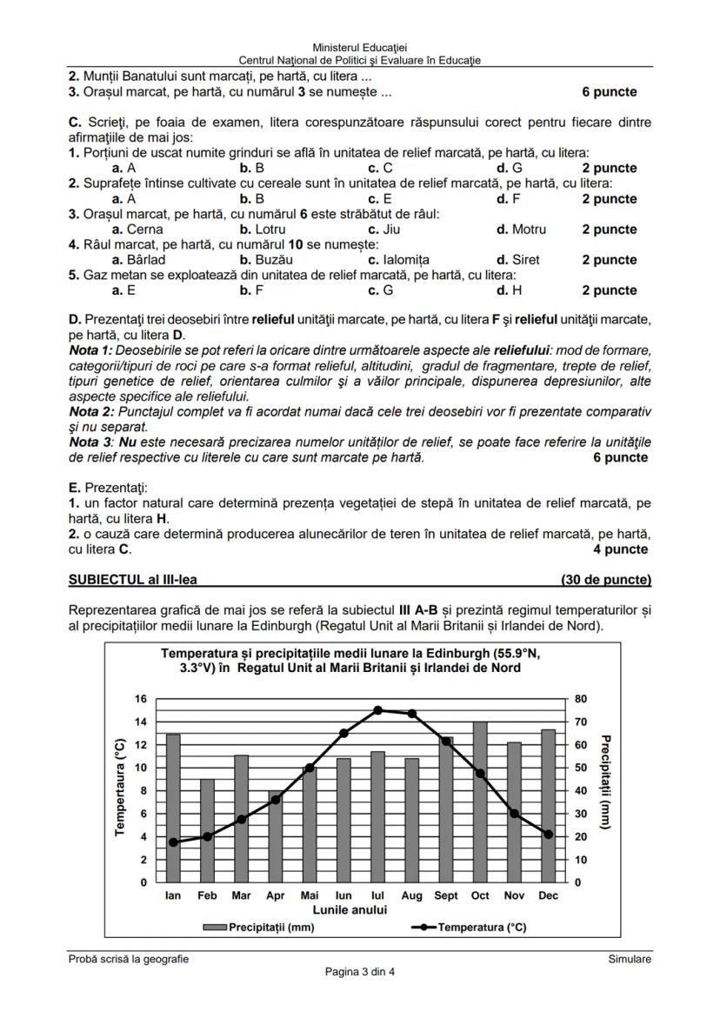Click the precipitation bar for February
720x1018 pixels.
tap(207, 830)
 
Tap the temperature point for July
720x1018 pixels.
tap(377, 709)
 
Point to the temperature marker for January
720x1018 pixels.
tap(173, 842)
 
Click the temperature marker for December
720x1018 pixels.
tap(548, 834)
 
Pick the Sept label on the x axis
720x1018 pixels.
tap(446, 895)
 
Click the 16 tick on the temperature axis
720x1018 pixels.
tap(141, 698)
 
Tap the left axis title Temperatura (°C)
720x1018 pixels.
tap(120, 788)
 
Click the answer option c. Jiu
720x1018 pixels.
tap(383, 230)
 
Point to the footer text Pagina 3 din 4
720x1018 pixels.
tap(360, 971)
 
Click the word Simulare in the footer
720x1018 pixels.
tap(630, 959)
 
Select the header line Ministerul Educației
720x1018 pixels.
tap(360, 47)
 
